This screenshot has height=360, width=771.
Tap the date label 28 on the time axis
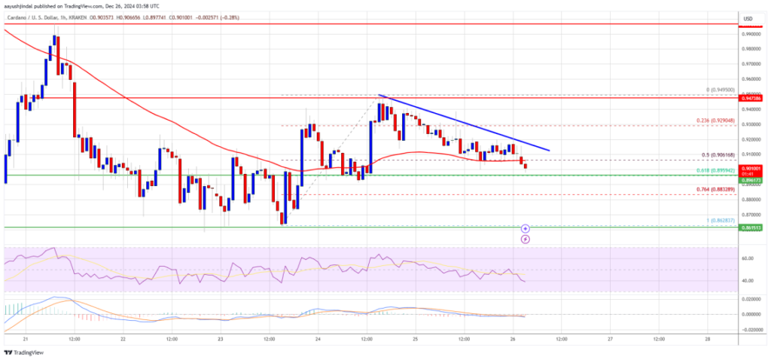(708, 340)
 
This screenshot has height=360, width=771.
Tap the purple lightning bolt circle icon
(526, 239)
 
